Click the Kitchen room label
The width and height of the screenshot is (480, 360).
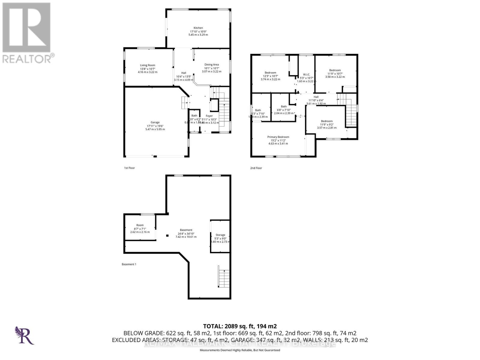pyautogui.click(x=198, y=28)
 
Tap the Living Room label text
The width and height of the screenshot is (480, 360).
pyautogui.click(x=148, y=65)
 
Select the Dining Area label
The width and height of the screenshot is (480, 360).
pyautogui.click(x=211, y=64)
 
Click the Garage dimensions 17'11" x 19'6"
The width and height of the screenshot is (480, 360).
pyautogui.click(x=155, y=126)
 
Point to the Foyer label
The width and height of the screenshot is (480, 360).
pyautogui.click(x=209, y=116)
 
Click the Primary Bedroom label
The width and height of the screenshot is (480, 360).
pyautogui.click(x=278, y=137)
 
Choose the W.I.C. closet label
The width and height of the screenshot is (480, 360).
pyautogui.click(x=306, y=74)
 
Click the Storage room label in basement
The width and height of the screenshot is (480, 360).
pyautogui.click(x=220, y=235)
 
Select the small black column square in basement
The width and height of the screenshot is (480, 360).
pyautogui.click(x=167, y=235)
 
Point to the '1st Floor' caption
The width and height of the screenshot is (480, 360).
pyautogui.click(x=129, y=168)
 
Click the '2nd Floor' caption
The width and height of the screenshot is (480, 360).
pyautogui.click(x=256, y=168)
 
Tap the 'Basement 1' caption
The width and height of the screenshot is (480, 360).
pyautogui.click(x=129, y=264)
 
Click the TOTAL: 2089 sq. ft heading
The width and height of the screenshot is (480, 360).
pyautogui.click(x=240, y=326)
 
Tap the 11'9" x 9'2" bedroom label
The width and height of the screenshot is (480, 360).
pyautogui.click(x=327, y=124)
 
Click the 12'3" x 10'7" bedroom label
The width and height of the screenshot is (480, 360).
pyautogui.click(x=270, y=76)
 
